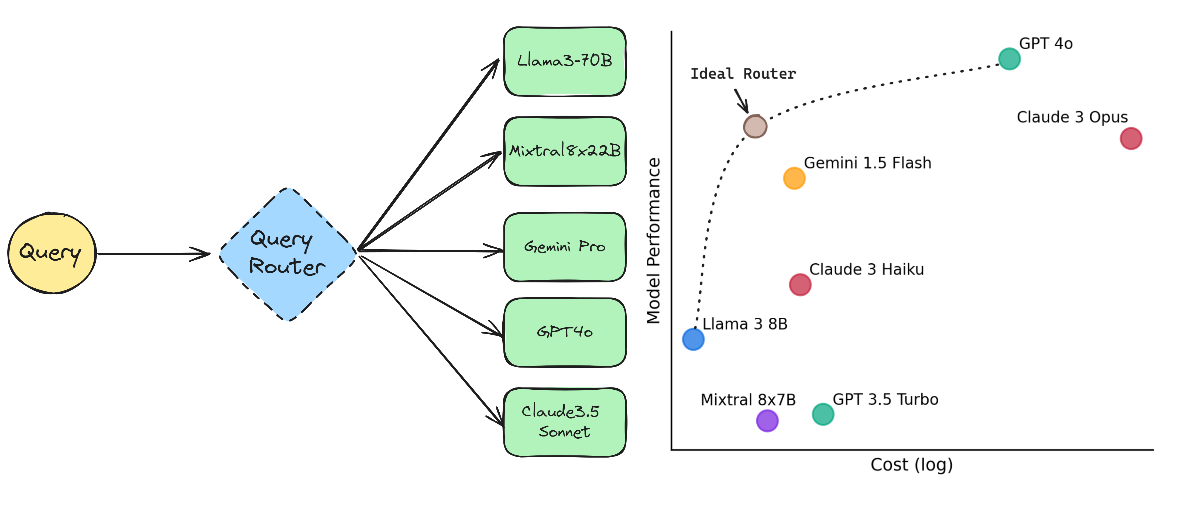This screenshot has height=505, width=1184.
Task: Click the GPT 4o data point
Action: point(1009,59)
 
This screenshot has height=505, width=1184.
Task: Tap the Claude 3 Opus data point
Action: point(1131,138)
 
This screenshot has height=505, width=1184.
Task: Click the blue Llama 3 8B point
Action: point(693,339)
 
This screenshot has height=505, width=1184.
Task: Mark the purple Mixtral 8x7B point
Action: point(767,420)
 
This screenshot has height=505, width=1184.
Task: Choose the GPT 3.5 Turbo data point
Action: point(823,414)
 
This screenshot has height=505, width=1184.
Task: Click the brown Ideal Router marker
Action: point(755,126)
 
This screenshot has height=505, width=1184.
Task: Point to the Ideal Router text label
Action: point(743,74)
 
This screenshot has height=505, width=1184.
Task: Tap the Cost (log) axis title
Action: point(911,465)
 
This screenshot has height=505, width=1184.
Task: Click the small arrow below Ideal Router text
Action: point(741,101)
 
